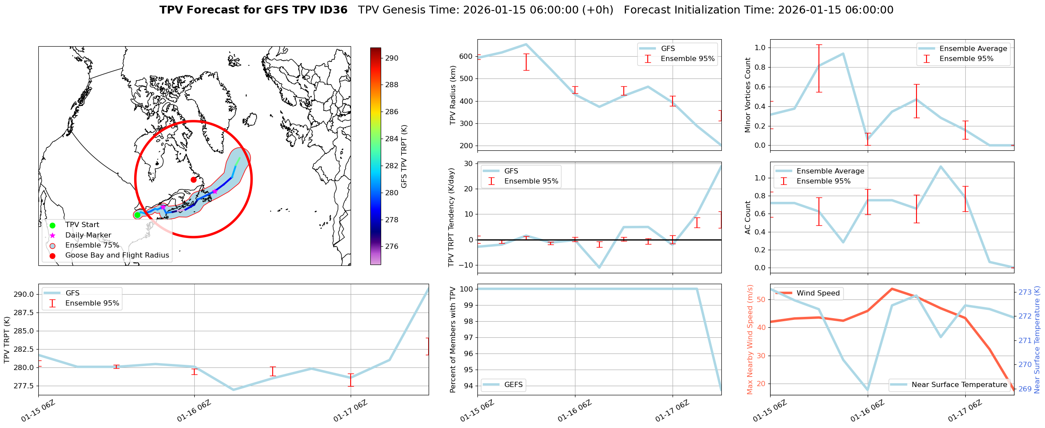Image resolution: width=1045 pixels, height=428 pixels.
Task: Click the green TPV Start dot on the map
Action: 137,215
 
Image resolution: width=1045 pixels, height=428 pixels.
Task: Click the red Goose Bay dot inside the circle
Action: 193,180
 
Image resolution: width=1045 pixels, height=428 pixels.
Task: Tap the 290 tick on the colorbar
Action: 391,58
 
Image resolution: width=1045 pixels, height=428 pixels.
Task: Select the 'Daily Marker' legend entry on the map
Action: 88,235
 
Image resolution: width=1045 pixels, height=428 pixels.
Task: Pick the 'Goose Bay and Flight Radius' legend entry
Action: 117,255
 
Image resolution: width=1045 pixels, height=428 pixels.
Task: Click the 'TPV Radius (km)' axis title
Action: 453,95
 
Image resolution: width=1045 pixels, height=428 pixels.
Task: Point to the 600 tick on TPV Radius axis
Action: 466,56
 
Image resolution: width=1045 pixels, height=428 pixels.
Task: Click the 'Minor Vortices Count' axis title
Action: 748,95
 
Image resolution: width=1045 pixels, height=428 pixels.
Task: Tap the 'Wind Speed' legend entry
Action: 818,293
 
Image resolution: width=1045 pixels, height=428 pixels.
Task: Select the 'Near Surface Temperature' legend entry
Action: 959,385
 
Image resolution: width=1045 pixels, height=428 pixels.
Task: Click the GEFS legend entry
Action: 513,385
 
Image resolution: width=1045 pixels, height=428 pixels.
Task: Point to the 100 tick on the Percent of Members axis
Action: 467,289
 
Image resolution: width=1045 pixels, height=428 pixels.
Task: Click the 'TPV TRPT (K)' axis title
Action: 7,340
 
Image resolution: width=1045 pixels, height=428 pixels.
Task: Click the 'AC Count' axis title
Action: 748,217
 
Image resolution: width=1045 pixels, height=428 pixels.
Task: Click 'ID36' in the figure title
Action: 334,10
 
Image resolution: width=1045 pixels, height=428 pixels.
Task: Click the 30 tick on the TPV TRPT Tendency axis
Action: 468,163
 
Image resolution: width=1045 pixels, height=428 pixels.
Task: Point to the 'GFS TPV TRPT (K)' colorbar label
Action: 404,156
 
